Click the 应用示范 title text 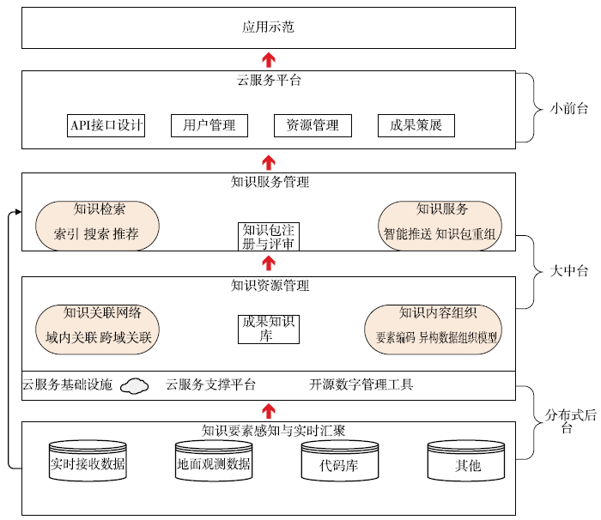coord(268,27)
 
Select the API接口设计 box coord(106,125)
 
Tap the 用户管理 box coord(209,125)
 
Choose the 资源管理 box coord(313,125)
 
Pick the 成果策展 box coord(416,125)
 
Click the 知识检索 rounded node coord(97,226)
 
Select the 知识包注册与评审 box coord(268,237)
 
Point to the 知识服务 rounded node coord(440,226)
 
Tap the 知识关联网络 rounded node coord(97,330)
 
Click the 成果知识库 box coord(268,330)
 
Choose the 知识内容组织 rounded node coord(433,330)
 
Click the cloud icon coord(134,385)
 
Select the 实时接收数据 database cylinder coord(88,460)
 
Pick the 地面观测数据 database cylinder coord(214,460)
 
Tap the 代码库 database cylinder coord(340,460)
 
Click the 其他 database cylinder coord(466,460)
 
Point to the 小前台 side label coord(568,108)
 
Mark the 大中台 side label coord(568,271)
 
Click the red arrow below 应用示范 coord(269,59)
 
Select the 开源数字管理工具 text coord(361,384)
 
